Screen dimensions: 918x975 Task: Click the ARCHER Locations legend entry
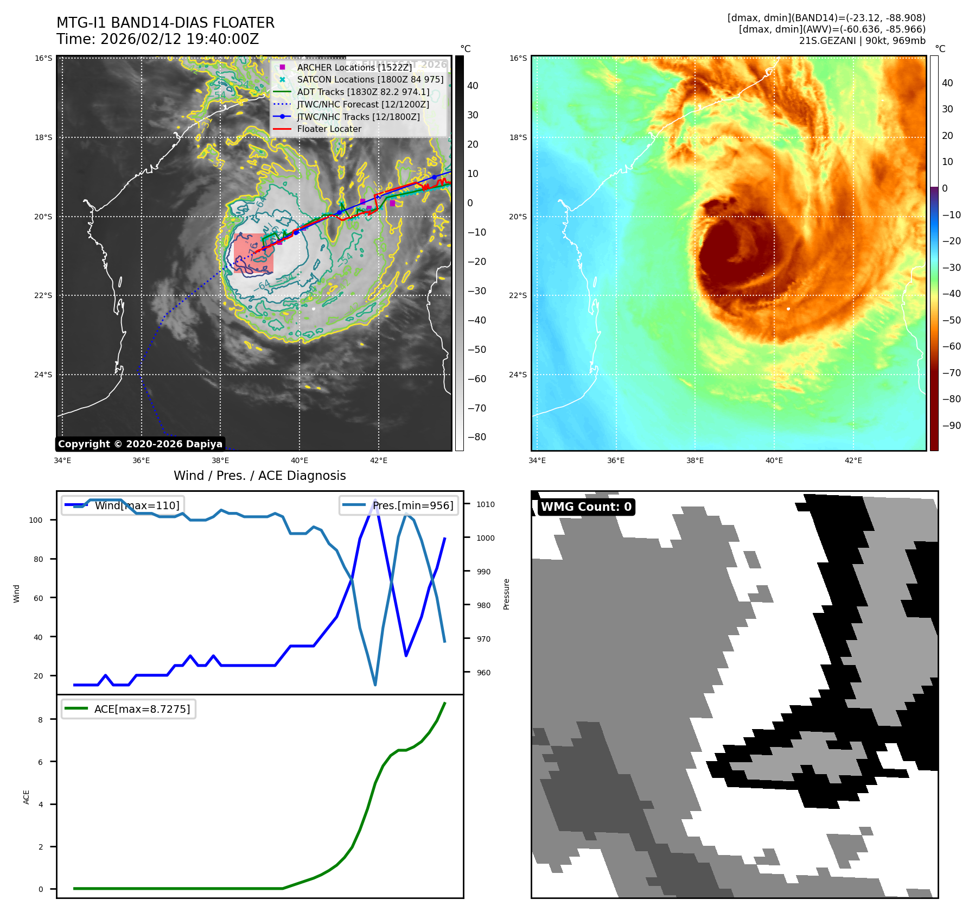(354, 67)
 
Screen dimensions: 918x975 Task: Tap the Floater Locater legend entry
(329, 129)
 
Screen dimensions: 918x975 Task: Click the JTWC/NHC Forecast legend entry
(363, 104)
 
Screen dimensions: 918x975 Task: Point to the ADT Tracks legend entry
(363, 92)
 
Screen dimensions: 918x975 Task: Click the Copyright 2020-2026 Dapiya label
(140, 444)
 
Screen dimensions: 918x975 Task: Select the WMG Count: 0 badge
(586, 507)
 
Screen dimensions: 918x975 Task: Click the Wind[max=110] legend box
(123, 505)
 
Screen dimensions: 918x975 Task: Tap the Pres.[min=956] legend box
(399, 505)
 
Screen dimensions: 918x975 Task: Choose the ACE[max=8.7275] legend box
(129, 709)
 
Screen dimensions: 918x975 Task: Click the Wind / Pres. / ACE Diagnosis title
(259, 476)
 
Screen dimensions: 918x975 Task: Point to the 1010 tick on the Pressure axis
(486, 504)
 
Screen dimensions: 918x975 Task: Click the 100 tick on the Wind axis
(36, 520)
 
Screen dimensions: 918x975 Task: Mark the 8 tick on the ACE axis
(40, 720)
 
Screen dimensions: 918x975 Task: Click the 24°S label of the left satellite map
(43, 375)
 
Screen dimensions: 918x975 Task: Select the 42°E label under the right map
(853, 460)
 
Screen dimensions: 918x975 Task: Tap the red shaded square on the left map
(253, 253)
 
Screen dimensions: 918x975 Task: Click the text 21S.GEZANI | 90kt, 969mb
(862, 41)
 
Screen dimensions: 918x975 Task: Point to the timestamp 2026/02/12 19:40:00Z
(179, 39)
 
